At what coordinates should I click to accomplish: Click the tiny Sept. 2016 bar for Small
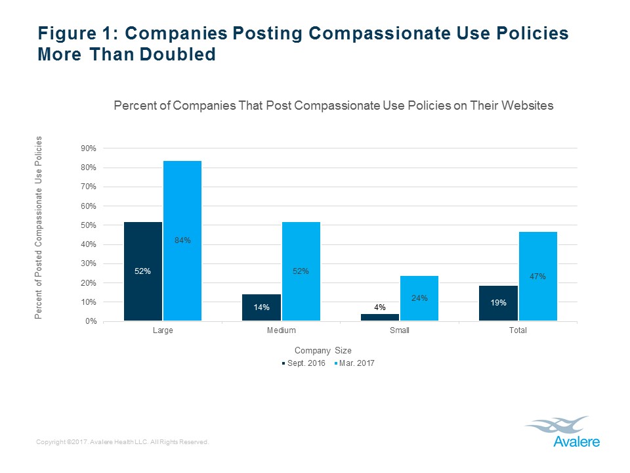(x=380, y=317)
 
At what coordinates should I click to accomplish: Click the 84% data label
(x=182, y=240)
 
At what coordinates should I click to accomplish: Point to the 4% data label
(x=380, y=307)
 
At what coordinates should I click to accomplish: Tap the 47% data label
(x=537, y=277)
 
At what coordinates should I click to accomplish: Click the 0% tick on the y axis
(x=91, y=321)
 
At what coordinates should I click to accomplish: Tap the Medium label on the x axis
(x=281, y=330)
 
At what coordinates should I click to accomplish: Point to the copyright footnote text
(x=123, y=442)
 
